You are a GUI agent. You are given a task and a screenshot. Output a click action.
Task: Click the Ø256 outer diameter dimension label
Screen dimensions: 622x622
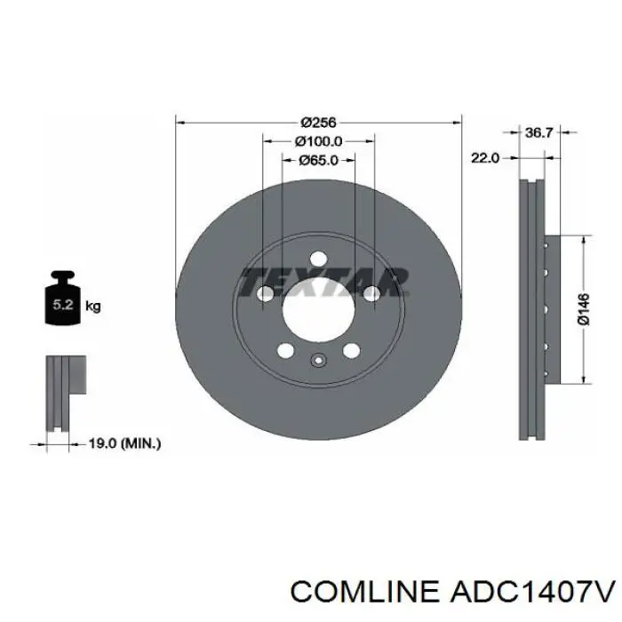tap(317, 123)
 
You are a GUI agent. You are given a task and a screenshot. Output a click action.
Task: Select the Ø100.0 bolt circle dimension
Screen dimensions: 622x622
tap(318, 141)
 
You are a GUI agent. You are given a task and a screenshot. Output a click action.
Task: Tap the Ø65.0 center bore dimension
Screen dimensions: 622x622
tap(318, 160)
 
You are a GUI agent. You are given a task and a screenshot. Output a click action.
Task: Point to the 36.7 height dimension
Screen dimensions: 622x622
tap(538, 132)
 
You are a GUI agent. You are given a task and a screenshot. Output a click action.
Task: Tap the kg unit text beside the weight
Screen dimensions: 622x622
tap(92, 307)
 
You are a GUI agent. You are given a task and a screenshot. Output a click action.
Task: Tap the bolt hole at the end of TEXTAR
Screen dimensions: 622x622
tap(371, 294)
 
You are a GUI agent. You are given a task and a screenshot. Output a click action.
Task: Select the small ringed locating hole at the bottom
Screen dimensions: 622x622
tap(318, 361)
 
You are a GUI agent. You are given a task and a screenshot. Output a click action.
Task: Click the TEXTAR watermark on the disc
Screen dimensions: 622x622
tap(323, 281)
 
